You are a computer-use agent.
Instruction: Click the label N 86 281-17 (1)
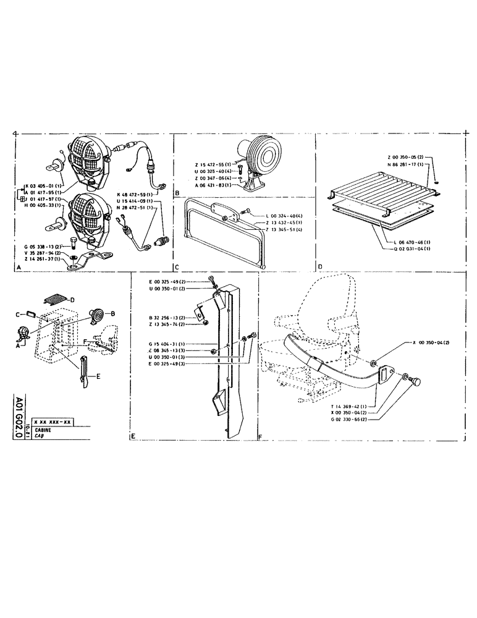(405, 165)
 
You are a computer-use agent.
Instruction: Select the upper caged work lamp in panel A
(86, 159)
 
